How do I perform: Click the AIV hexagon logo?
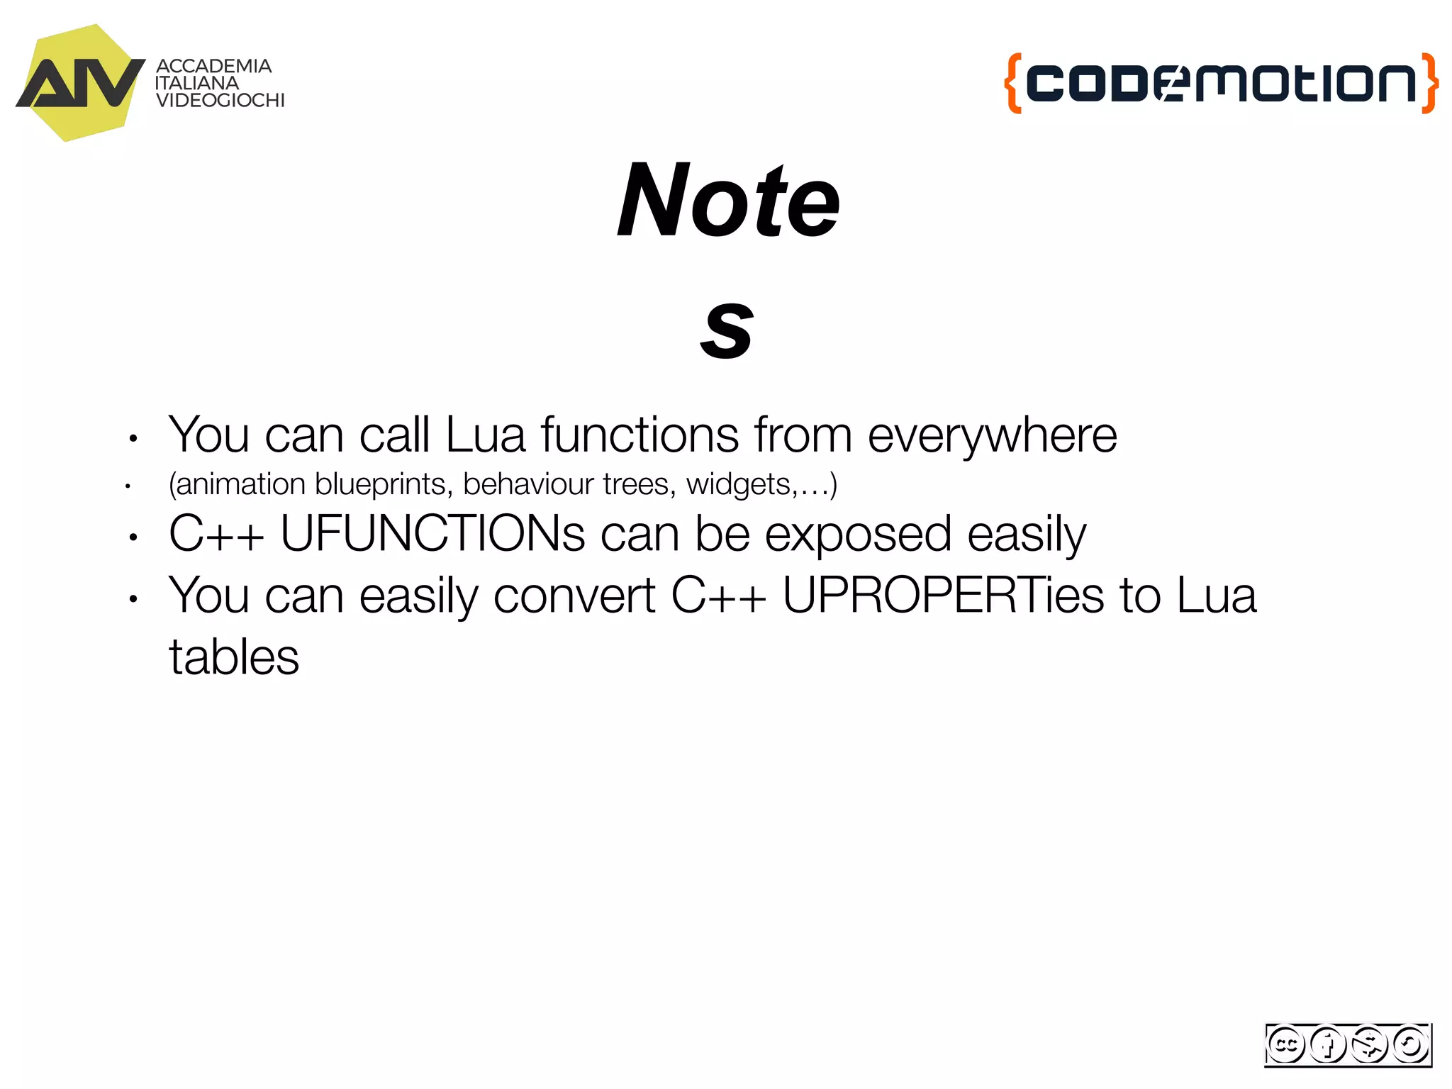(79, 83)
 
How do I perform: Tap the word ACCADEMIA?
(213, 66)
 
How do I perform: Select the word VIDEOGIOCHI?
(220, 101)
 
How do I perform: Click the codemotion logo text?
(1221, 83)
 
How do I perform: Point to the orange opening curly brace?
(1013, 83)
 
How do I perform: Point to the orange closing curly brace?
(1430, 83)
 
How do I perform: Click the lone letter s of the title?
(726, 328)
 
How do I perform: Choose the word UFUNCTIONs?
(432, 533)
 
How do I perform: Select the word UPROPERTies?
(943, 595)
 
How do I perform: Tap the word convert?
(574, 595)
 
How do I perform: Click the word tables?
(234, 657)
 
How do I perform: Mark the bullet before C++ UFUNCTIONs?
(133, 537)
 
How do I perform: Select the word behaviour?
(528, 484)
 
